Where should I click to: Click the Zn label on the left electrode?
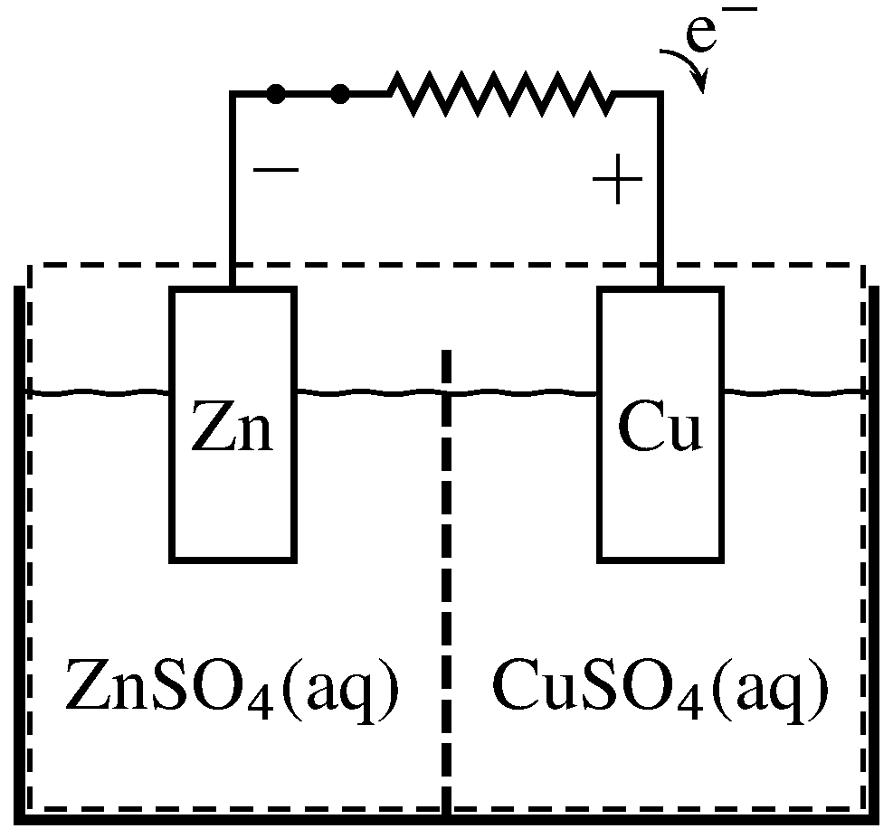click(232, 430)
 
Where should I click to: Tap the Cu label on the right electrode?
click(660, 430)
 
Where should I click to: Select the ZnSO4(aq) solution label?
click(232, 690)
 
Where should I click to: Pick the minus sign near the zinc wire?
click(271, 169)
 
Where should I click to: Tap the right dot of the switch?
click(340, 93)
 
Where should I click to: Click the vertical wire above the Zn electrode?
click(233, 190)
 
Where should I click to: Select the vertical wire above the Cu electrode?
click(660, 190)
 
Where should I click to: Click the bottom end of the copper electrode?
click(660, 558)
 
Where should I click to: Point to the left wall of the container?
click(18, 551)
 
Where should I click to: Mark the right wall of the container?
click(875, 551)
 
